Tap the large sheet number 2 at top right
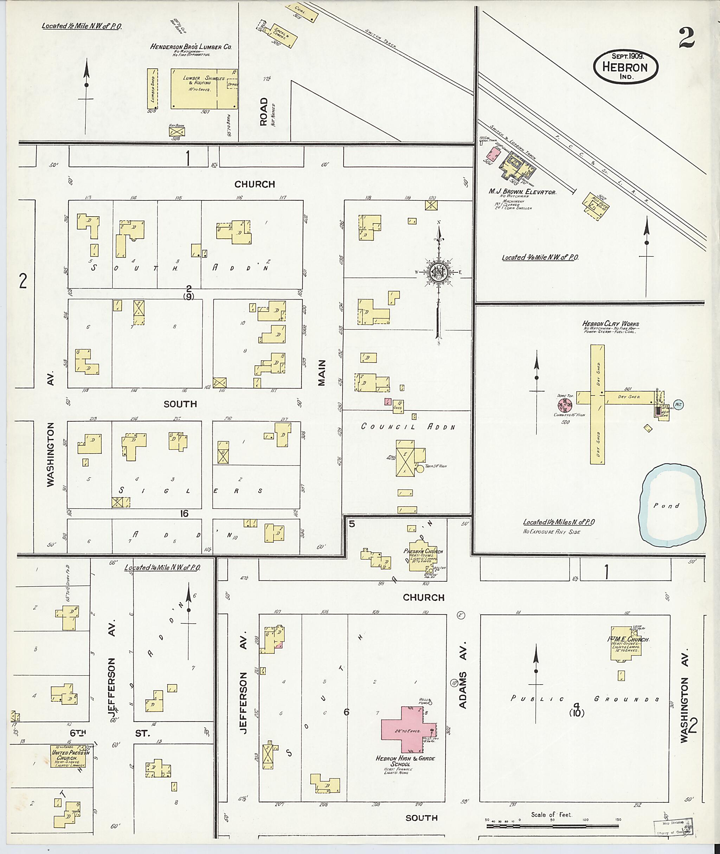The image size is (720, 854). pos(687,39)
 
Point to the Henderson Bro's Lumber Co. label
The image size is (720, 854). pos(191,47)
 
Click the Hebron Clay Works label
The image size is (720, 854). pos(611,324)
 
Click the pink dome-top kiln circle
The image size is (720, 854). pos(565,405)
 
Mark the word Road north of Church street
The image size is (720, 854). pos(264,111)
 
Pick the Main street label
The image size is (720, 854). pos(322,372)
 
